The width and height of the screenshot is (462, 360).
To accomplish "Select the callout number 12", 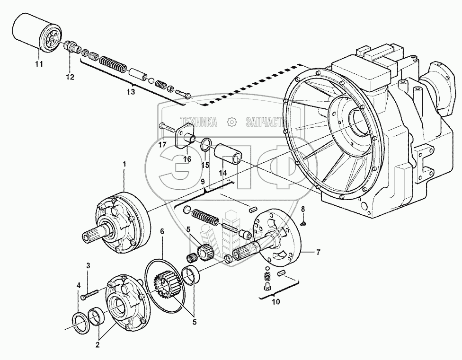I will pos(70,77).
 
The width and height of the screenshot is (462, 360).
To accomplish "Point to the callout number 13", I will pos(130,92).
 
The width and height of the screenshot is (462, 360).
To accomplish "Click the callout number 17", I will pos(162,145).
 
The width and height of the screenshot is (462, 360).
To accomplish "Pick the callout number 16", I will pos(187,159).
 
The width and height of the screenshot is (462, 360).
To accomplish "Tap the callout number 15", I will pos(205,165).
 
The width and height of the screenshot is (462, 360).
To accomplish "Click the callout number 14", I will pos(223,174).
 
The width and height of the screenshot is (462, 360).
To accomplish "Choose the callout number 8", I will pos(303,209).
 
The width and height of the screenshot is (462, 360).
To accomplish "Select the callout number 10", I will pos(276,301).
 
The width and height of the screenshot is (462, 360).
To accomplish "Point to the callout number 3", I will pos(88,265).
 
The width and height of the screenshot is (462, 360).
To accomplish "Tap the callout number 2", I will pos(98,345).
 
